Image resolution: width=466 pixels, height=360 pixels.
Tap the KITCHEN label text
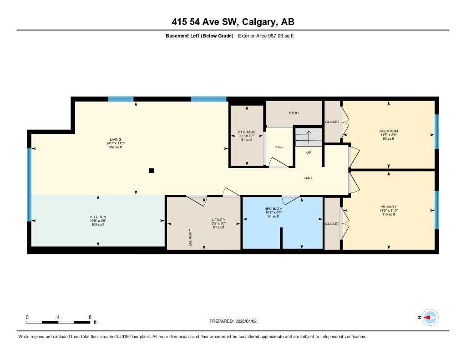pyautogui.click(x=98, y=217)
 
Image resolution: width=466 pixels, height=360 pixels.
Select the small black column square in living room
pyautogui.click(x=152, y=171)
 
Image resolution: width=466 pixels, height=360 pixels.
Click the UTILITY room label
pyautogui.click(x=218, y=219)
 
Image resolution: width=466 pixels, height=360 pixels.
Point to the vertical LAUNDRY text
pyautogui.click(x=190, y=238)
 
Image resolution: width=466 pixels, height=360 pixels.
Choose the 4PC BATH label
pyautogui.click(x=273, y=209)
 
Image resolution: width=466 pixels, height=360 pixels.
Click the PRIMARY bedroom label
pyautogui.click(x=389, y=207)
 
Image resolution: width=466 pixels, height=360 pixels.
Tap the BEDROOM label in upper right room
pyautogui.click(x=389, y=131)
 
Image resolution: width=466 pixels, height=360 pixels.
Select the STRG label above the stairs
pyautogui.click(x=294, y=113)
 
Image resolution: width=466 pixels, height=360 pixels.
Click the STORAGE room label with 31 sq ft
pyautogui.click(x=247, y=132)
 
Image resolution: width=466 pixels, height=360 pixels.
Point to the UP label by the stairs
pyautogui.click(x=309, y=152)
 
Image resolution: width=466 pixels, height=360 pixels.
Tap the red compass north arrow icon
pyautogui.click(x=429, y=317)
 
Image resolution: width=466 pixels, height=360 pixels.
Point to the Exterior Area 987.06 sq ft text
pyautogui.click(x=266, y=36)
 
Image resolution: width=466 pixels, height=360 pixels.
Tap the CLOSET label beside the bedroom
pyautogui.click(x=332, y=122)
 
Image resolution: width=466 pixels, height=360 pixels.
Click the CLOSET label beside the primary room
pyautogui.click(x=332, y=224)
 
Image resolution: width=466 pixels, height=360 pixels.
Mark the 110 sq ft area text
pyautogui.click(x=389, y=214)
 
